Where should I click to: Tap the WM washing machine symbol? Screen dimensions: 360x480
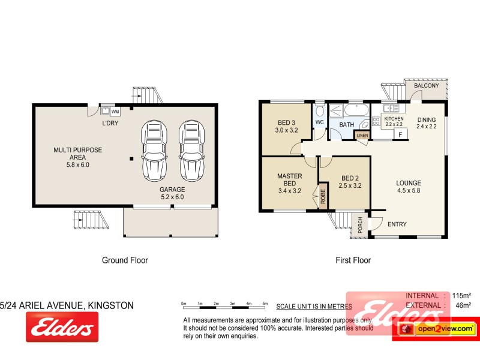click(x=115, y=111)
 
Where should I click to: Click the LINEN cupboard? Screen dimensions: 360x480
click(x=362, y=136)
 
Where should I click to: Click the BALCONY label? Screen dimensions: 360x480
click(x=427, y=86)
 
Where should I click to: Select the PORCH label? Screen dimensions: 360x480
click(x=360, y=224)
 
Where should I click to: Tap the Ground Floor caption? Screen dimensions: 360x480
click(x=125, y=260)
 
